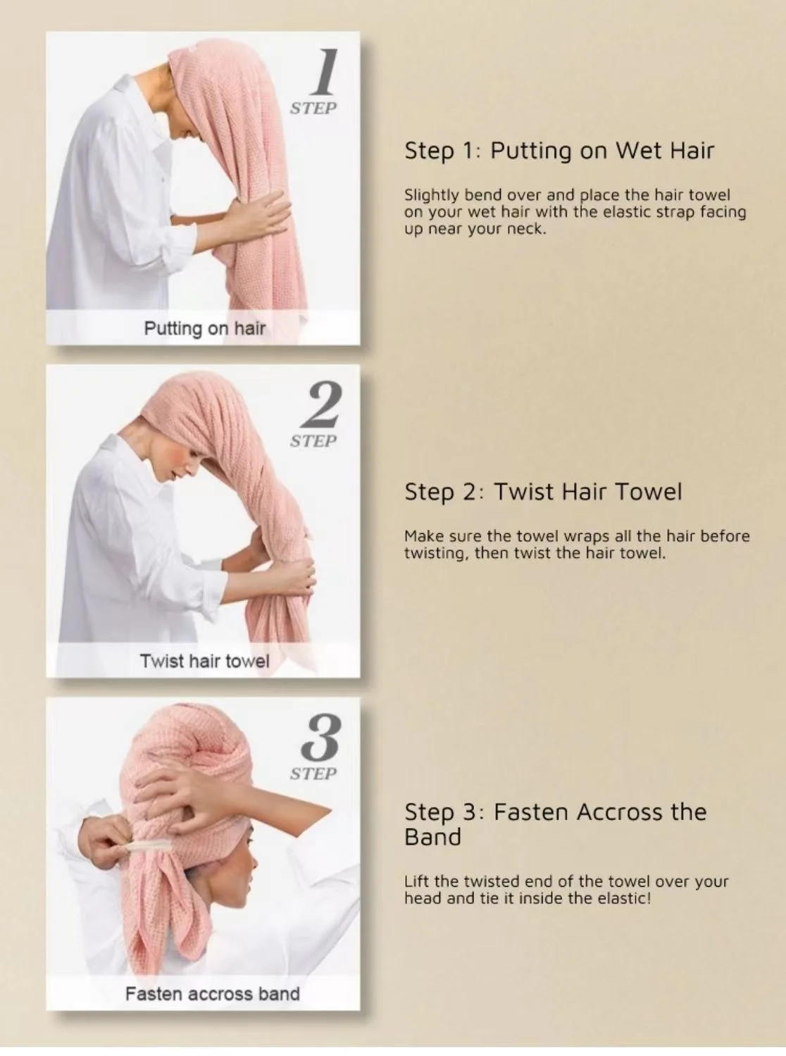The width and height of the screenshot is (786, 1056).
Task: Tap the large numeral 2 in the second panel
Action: tap(321, 406)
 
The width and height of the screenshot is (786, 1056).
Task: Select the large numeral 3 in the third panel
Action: tap(321, 738)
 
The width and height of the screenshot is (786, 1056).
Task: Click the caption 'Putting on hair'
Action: tap(204, 328)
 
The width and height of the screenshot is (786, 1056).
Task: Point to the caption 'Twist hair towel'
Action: tap(204, 661)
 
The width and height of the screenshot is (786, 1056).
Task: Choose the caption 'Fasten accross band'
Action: tap(212, 994)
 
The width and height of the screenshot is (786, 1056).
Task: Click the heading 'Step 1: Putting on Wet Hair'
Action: tap(559, 151)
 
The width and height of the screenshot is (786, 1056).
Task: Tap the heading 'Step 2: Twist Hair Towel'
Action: tap(543, 492)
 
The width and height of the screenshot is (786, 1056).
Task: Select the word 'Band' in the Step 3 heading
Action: tap(432, 838)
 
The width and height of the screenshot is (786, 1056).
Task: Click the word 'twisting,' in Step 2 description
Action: tap(435, 553)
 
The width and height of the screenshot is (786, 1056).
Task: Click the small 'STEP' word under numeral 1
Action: tap(313, 108)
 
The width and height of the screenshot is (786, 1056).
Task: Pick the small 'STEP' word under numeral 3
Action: tap(313, 774)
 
